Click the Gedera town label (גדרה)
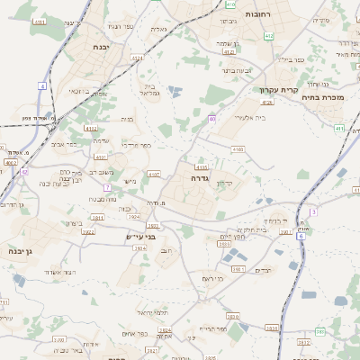tap(201, 179)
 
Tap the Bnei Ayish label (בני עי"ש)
tap(140, 236)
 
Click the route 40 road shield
tap(212, 118)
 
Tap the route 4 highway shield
tap(41, 85)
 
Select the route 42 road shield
tap(24, 172)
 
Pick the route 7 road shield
tap(106, 187)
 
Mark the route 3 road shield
tap(312, 211)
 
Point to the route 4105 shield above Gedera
tap(201, 166)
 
